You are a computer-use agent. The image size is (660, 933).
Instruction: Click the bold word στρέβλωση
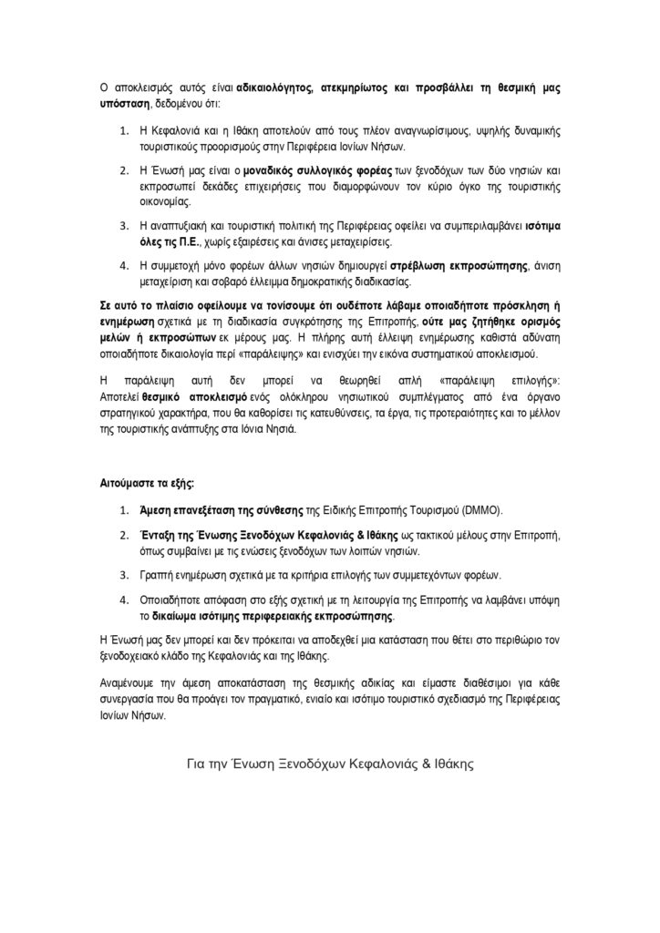418,266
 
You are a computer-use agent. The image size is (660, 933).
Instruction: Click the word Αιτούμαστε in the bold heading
129,479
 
